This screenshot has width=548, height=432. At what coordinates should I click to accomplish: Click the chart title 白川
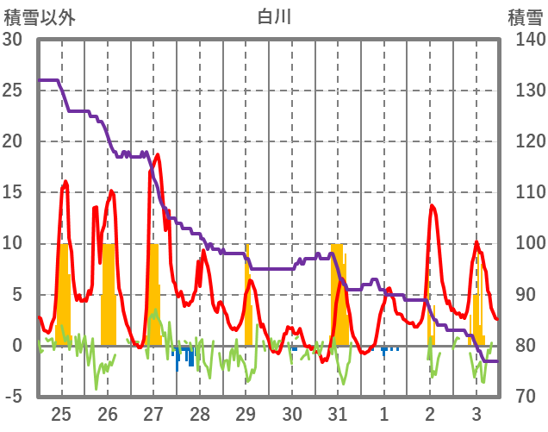pos(275,16)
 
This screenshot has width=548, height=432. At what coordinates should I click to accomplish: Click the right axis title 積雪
pos(524,16)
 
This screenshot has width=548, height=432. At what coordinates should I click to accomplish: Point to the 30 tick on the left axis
pos(15,40)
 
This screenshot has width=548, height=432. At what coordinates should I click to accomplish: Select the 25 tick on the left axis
pos(15,91)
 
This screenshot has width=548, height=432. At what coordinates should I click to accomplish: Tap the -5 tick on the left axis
pos(15,397)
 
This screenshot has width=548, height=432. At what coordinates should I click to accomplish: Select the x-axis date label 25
pos(61,414)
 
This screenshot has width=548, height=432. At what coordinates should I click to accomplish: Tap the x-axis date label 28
pos(200,414)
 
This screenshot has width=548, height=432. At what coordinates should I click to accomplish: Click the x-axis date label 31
pos(338,414)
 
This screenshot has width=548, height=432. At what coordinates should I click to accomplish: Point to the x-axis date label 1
pos(384,414)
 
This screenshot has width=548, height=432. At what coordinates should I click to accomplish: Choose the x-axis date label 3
pos(476,414)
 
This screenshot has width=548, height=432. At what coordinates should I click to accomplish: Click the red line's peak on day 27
pos(158,155)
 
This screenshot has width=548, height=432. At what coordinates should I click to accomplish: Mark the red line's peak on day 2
pos(432,205)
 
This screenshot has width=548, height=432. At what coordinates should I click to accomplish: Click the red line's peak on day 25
pos(65,181)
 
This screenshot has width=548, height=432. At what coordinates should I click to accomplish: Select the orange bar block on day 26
pos(109,293)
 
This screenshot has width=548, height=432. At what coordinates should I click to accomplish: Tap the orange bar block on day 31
pos(338,293)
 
